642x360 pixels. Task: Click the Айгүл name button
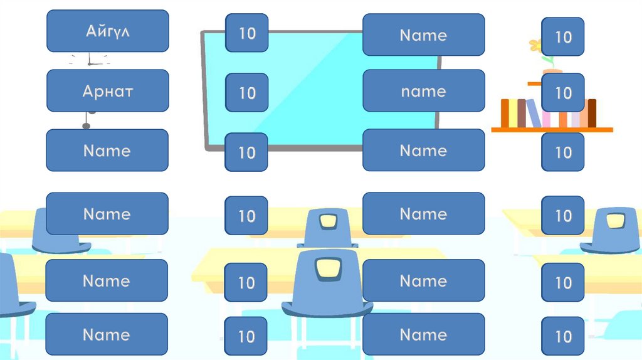107,31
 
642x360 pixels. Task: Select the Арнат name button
107,91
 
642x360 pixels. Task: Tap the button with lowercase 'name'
423,91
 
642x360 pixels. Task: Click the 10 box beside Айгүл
247,33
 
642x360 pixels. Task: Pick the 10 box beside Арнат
247,93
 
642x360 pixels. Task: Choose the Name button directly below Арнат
107,151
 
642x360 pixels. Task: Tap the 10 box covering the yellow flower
563,37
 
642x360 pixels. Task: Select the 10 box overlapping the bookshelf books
563,93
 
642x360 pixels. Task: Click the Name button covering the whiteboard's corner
423,34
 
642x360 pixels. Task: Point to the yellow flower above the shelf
535,45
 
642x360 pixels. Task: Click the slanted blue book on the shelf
533,114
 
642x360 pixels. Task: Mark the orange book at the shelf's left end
505,114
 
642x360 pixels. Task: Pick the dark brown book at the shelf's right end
592,113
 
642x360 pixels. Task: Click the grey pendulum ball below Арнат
87,126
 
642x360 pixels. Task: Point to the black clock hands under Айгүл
90,61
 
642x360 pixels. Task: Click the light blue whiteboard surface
313,88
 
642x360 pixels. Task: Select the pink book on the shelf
547,119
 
